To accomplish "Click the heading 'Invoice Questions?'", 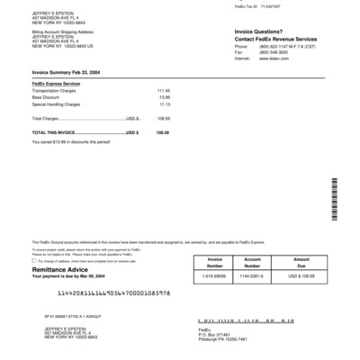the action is [x=257, y=31].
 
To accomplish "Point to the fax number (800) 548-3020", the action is [x=267, y=52].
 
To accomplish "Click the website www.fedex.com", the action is [x=267, y=58].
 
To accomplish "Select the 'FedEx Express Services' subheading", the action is [x=56, y=85].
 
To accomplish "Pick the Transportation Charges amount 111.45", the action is [x=164, y=91].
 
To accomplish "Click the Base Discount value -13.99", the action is [x=164, y=97].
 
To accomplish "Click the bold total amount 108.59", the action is [x=163, y=132].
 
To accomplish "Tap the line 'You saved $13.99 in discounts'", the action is [x=72, y=141].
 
